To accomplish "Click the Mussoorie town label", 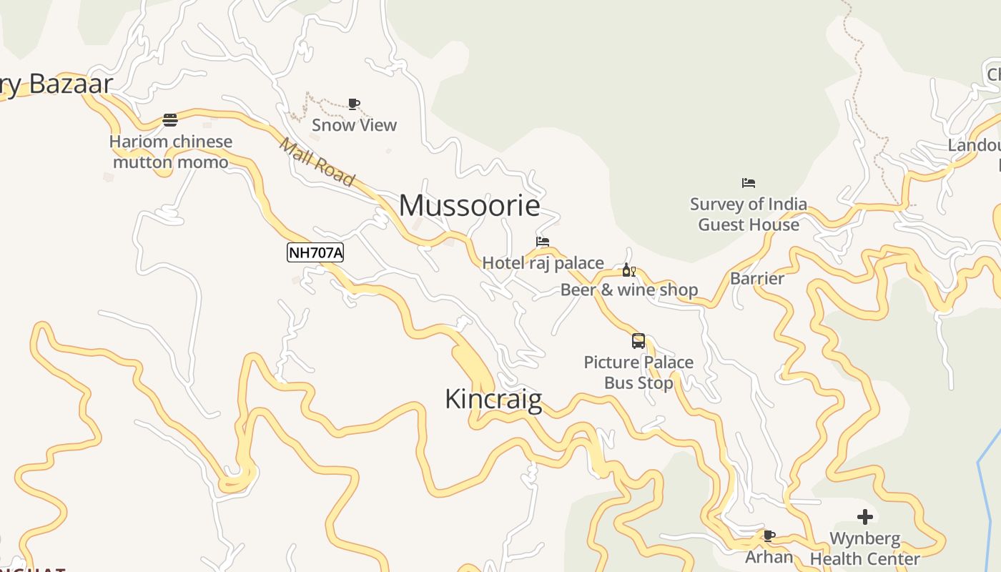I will click(x=469, y=206).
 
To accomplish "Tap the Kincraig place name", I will click(x=493, y=398).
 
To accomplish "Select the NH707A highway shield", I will click(x=315, y=252).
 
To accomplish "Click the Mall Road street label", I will click(x=317, y=162).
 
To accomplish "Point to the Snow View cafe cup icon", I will click(x=353, y=104).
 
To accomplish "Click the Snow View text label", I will click(x=354, y=125).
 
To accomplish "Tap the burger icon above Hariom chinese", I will click(x=170, y=119).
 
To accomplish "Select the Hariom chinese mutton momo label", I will click(x=171, y=152).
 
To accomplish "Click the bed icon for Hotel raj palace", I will click(x=543, y=242).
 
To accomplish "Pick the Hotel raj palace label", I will click(x=543, y=263).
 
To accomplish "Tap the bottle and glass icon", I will click(x=628, y=270).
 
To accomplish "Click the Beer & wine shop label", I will click(x=629, y=290).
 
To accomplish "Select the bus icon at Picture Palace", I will click(x=638, y=341).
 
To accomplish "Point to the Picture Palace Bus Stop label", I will click(x=638, y=373).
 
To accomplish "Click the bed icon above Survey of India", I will click(x=749, y=183).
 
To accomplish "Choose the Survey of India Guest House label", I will click(x=749, y=214).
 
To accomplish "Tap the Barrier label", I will click(x=757, y=278).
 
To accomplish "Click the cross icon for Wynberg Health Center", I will click(x=865, y=516).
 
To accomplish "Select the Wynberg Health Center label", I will click(x=865, y=548).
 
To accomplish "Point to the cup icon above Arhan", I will click(x=769, y=535).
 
